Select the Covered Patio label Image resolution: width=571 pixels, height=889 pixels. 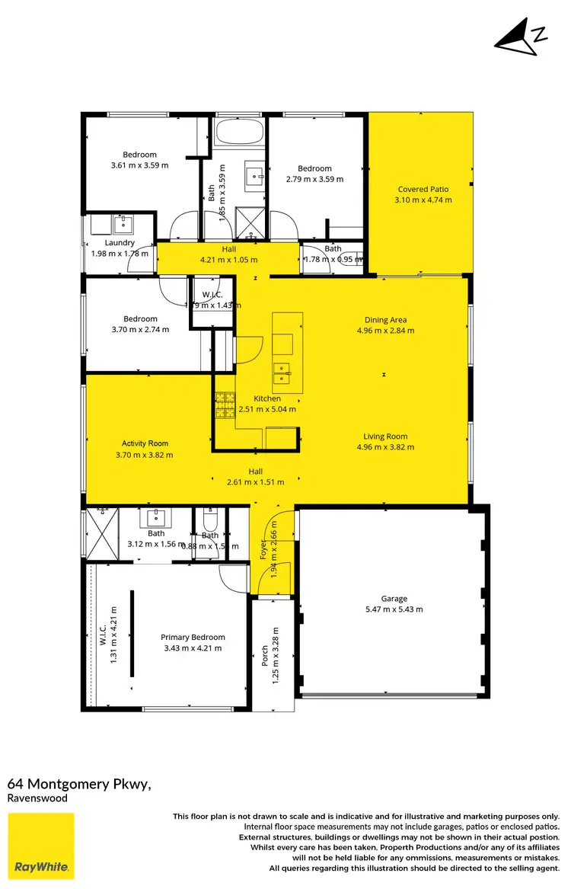(x=423, y=190)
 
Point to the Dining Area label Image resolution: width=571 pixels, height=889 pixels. (x=385, y=321)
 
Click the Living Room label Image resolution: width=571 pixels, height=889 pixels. (x=385, y=437)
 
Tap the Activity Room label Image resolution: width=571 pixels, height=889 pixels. (x=145, y=443)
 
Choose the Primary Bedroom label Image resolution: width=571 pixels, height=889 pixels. (x=193, y=638)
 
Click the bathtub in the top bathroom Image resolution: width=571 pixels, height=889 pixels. (x=239, y=132)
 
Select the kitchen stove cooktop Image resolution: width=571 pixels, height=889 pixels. (x=225, y=405)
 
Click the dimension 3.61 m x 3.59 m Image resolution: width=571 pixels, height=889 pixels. (x=139, y=165)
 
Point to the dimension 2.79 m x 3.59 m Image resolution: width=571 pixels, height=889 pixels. (x=314, y=180)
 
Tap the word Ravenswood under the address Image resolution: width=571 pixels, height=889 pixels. (x=37, y=798)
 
